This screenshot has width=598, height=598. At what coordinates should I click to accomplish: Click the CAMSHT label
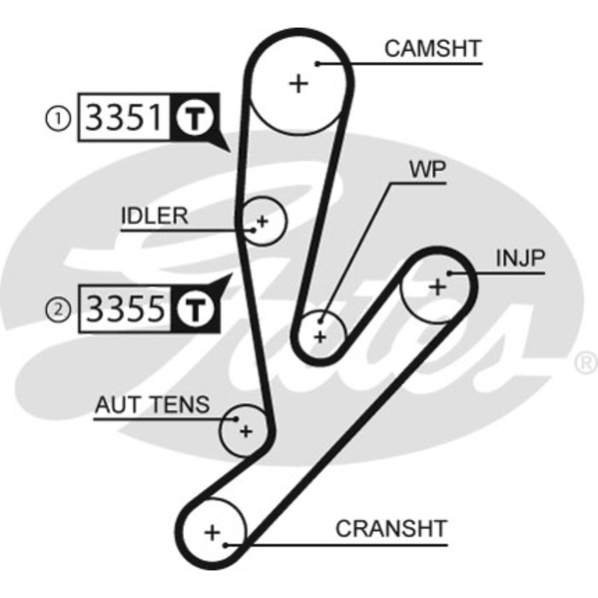click(x=432, y=49)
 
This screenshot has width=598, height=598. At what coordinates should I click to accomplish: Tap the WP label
click(x=427, y=168)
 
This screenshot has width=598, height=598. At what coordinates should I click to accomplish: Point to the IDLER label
click(x=154, y=215)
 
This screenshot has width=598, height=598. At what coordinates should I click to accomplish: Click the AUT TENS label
click(x=151, y=405)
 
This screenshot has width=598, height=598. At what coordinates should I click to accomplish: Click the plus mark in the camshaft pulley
click(x=298, y=84)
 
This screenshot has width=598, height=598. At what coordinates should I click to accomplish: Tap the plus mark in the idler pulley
click(x=262, y=221)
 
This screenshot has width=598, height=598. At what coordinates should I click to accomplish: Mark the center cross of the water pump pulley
click(x=320, y=336)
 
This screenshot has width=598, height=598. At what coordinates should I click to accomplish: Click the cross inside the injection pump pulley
click(x=437, y=286)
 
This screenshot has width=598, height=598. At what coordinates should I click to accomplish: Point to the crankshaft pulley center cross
click(x=212, y=532)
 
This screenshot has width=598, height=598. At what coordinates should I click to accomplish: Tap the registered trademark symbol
click(x=586, y=363)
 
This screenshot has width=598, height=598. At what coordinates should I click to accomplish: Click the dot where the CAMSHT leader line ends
click(x=317, y=62)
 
